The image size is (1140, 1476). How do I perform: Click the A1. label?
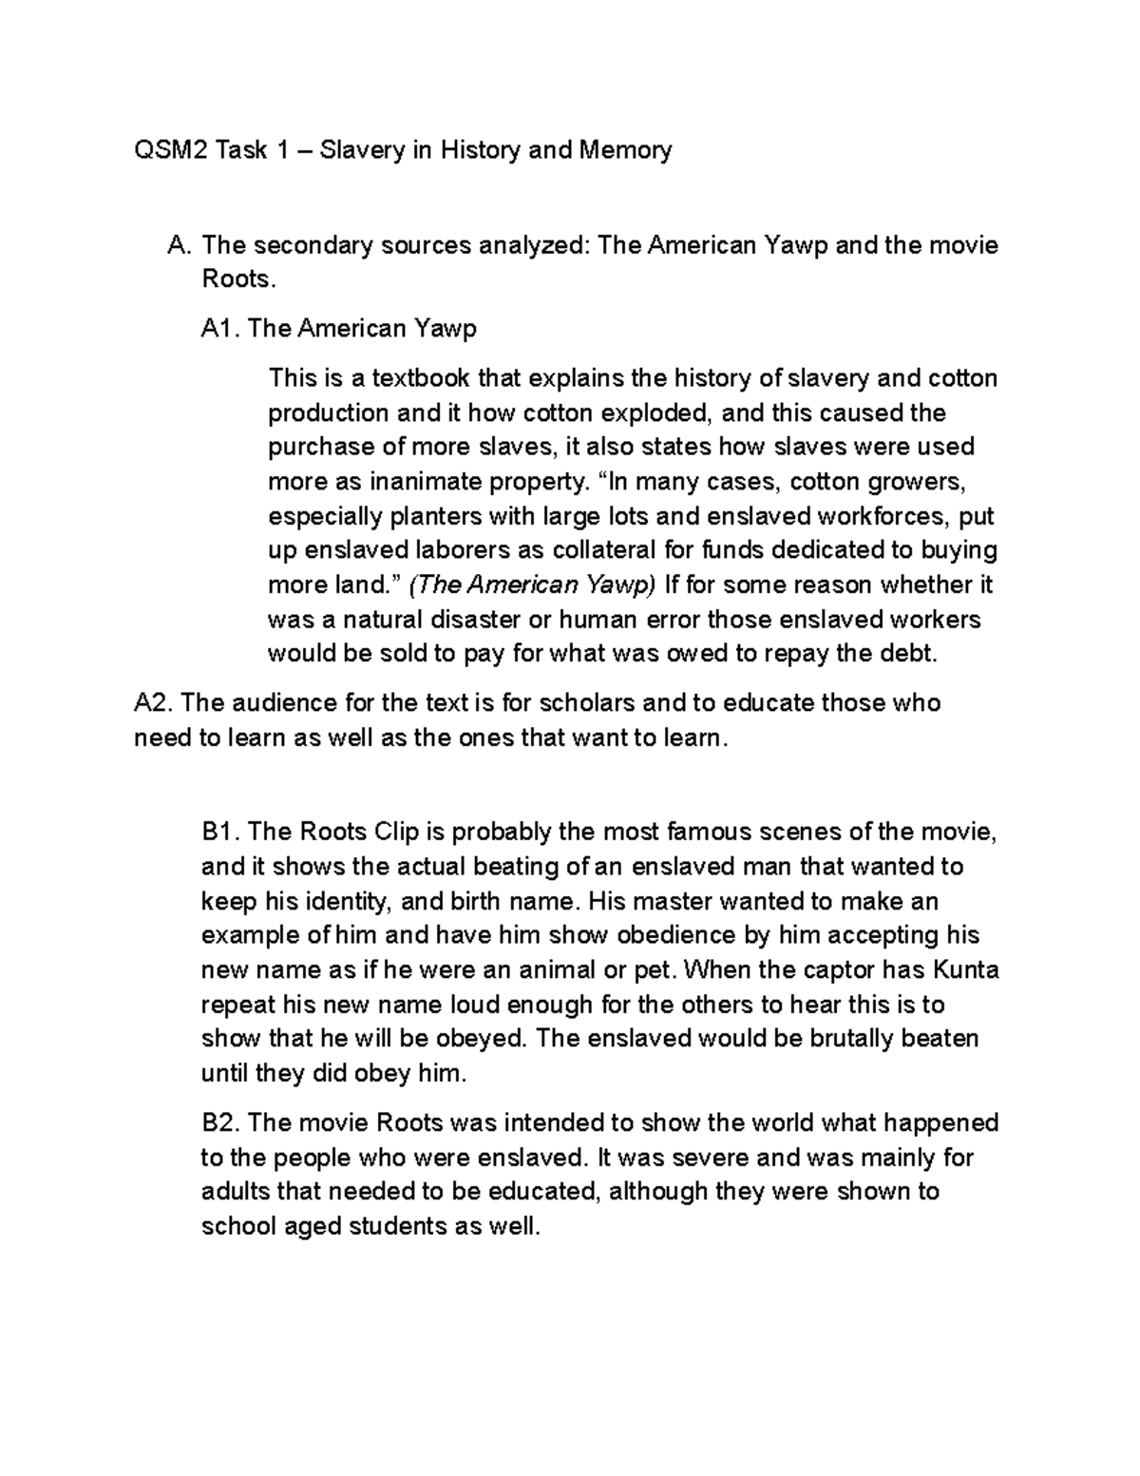point(220,329)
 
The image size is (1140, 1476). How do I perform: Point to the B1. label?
point(220,832)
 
